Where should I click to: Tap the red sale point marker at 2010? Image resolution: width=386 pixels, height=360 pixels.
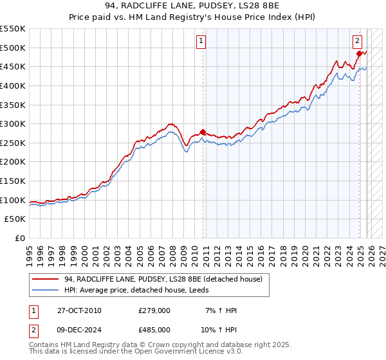click(x=203, y=132)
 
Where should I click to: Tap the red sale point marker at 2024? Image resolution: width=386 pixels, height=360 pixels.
click(x=359, y=53)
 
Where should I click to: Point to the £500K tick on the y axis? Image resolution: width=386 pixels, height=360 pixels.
click(x=13, y=48)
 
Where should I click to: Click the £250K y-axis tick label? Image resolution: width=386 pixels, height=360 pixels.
click(x=13, y=143)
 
